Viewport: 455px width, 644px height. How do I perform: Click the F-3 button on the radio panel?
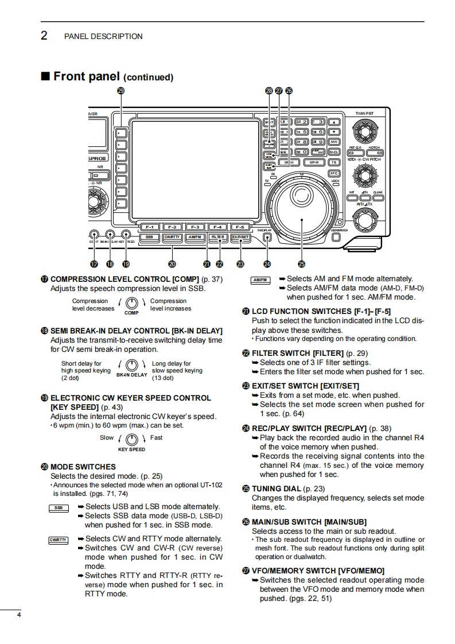point(195,227)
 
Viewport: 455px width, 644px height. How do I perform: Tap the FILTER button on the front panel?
point(218,236)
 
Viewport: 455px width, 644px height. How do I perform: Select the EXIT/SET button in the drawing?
point(240,236)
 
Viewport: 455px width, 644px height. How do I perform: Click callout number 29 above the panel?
point(120,91)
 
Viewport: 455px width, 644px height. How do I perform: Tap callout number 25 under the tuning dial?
point(302,265)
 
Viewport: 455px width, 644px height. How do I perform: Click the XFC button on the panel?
point(334,173)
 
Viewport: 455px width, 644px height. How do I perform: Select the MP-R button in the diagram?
point(313,162)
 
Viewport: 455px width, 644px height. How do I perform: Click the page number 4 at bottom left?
point(20,616)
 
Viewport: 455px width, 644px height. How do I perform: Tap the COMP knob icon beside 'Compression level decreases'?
point(132,303)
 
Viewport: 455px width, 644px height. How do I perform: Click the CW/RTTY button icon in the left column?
point(59,540)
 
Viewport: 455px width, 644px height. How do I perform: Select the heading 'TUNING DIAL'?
point(276,489)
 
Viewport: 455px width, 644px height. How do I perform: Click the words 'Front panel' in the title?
point(86,76)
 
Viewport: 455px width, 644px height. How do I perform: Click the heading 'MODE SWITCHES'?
point(83,467)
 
